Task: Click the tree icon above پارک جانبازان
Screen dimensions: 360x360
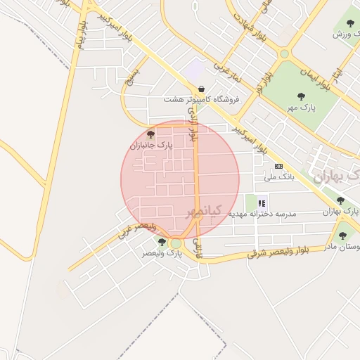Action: click(150, 134)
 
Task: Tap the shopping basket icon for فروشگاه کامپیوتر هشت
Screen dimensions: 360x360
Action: click(202, 89)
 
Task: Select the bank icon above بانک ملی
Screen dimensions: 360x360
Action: click(278, 166)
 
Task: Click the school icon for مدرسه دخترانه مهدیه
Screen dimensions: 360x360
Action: click(262, 202)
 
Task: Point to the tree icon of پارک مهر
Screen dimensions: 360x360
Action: click(302, 96)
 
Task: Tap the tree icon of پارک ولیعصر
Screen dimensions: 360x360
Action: click(162, 242)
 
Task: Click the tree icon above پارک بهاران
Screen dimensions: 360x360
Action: click(340, 200)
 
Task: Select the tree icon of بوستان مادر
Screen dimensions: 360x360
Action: click(342, 236)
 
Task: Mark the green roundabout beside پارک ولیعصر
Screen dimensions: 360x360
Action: click(175, 243)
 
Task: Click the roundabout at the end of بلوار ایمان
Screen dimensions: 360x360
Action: click(284, 53)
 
